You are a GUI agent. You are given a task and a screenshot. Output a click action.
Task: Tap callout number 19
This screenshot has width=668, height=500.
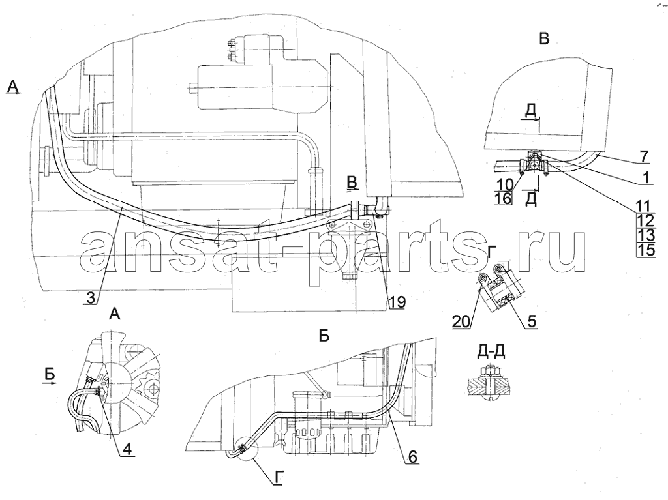[x=397, y=302]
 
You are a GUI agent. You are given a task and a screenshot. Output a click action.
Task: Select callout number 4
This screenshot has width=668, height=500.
[x=127, y=449]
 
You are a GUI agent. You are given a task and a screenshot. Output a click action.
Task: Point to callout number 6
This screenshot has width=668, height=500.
[x=412, y=457]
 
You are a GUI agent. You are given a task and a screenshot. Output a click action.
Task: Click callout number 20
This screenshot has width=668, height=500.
[x=461, y=322]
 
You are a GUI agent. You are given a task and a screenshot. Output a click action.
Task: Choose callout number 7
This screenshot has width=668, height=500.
[x=645, y=156]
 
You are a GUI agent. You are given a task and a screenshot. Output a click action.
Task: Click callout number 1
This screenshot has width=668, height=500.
[x=646, y=177]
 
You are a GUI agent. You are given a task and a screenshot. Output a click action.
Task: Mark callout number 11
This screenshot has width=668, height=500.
[x=645, y=207]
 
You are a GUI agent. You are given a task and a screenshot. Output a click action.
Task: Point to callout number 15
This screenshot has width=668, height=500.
[x=646, y=250]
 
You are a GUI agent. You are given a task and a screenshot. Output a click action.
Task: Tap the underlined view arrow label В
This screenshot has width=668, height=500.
[x=352, y=181]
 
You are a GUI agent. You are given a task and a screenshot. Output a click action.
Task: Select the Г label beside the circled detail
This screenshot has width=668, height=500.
[x=278, y=479]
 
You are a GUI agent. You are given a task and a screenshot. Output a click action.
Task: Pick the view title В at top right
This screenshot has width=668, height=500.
[x=544, y=38]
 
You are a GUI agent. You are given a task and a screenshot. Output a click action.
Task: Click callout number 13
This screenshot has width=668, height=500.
[x=646, y=235]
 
